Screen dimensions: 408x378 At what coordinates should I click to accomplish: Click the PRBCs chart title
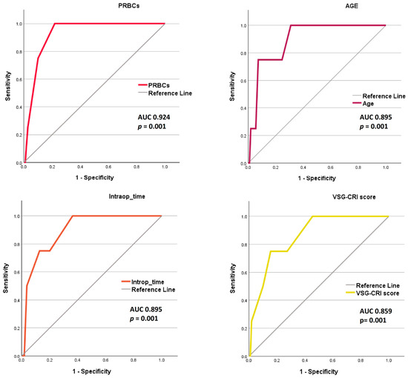pyautogui.click(x=129, y=6)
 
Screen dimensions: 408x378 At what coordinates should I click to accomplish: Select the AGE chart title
pyautogui.click(x=352, y=6)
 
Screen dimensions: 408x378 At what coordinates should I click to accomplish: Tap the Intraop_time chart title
pyautogui.click(x=127, y=196)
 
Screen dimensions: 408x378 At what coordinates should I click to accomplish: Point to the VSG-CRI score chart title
pyautogui.click(x=354, y=197)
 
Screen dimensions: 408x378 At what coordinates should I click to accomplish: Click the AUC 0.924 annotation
pyautogui.click(x=154, y=117)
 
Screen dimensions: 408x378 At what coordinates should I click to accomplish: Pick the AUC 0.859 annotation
pyautogui.click(x=376, y=311)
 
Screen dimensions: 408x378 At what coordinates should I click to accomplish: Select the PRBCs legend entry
pyautogui.click(x=154, y=85)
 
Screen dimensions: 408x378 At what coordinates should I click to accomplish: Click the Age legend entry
pyautogui.click(x=363, y=104)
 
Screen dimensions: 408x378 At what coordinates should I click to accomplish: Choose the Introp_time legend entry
pyautogui.click(x=142, y=282)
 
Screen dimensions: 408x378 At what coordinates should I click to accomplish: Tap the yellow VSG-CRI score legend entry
pyautogui.click(x=372, y=294)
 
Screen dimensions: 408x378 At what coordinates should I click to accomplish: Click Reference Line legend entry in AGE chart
pyautogui.click(x=379, y=96)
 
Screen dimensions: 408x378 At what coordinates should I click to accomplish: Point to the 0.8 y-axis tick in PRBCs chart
pyautogui.click(x=19, y=52)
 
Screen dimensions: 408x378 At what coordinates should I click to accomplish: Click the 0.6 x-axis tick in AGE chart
pyautogui.click(x=330, y=168)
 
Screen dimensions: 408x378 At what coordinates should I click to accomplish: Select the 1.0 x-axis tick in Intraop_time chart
pyautogui.click(x=162, y=360)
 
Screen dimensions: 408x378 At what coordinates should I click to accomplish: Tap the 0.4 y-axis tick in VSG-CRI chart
pyautogui.click(x=243, y=300)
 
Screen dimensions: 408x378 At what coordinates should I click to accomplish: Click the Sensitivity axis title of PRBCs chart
pyautogui.click(x=8, y=86)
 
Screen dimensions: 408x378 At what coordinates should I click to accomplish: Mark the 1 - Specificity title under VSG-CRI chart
pyautogui.click(x=319, y=372)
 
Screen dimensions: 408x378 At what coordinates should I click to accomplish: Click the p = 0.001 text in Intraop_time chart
pyautogui.click(x=144, y=319)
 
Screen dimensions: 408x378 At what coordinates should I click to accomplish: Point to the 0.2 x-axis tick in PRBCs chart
pyautogui.click(x=52, y=167)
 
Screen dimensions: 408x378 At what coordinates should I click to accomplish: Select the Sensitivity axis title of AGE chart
pyautogui.click(x=232, y=87)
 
